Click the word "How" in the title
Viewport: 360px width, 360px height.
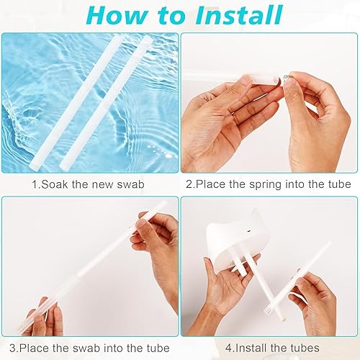click(117, 15)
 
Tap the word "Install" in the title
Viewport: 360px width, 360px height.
click(238, 15)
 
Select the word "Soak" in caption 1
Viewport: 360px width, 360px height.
click(55, 184)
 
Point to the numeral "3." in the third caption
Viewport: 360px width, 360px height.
click(14, 348)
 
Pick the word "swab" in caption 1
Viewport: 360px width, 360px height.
click(131, 184)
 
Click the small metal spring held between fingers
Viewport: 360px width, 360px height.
click(287, 78)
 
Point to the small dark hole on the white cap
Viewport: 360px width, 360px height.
click(248, 231)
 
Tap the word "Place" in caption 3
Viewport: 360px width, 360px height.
click(34, 348)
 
